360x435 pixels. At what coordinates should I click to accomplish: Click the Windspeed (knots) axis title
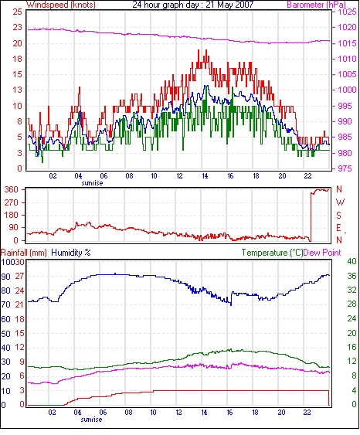pyautogui.click(x=61, y=5)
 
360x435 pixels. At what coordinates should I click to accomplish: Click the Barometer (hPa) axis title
pyautogui.click(x=317, y=5)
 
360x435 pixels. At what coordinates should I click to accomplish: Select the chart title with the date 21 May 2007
pyautogui.click(x=193, y=5)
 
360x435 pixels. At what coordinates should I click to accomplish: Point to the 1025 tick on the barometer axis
pyautogui.click(x=347, y=12)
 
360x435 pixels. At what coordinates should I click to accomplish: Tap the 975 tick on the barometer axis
pyautogui.click(x=346, y=168)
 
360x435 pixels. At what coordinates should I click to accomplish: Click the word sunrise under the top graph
pyautogui.click(x=92, y=183)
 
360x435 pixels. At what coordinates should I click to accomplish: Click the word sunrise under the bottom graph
pyautogui.click(x=91, y=420)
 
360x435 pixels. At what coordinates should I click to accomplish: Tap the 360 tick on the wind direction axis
pyautogui.click(x=12, y=190)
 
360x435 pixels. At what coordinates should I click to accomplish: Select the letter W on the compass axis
pyautogui.click(x=340, y=202)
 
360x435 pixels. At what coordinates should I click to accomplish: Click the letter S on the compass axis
pyautogui.click(x=338, y=215)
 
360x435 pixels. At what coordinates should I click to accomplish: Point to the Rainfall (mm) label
pyautogui.click(x=24, y=253)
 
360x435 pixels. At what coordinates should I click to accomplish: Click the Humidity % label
pyautogui.click(x=71, y=253)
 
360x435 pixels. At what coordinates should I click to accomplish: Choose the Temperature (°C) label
pyautogui.click(x=272, y=253)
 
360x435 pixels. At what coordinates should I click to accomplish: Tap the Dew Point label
pyautogui.click(x=322, y=253)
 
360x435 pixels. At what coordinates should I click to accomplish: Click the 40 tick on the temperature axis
pyautogui.click(x=352, y=261)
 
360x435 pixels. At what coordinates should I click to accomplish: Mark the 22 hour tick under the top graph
pyautogui.click(x=307, y=176)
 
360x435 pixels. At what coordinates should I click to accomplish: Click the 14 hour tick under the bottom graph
pyautogui.click(x=204, y=413)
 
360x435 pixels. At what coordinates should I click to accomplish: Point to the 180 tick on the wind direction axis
pyautogui.click(x=12, y=216)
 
